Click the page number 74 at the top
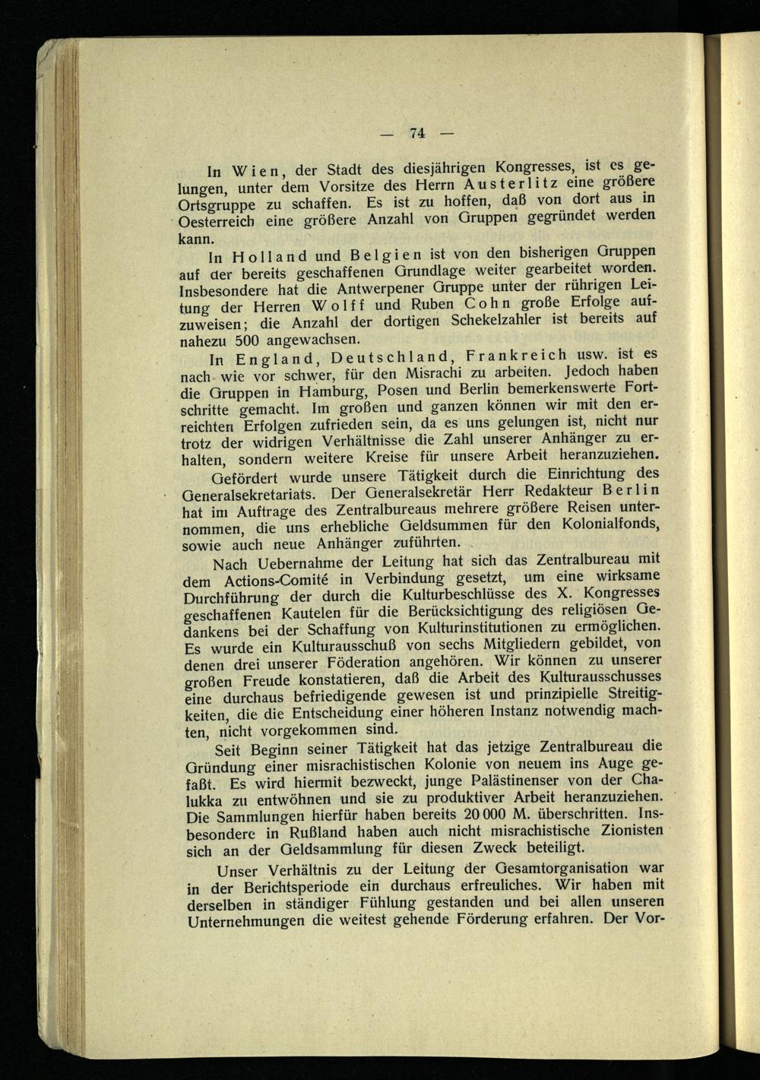point(416,133)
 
